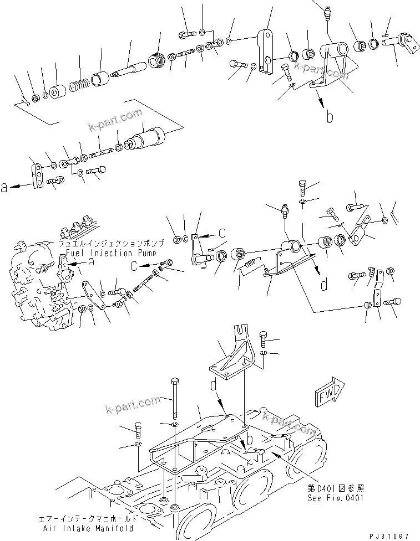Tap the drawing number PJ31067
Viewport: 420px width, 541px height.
click(388, 535)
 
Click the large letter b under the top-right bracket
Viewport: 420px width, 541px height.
click(330, 117)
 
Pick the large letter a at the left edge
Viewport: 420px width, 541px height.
click(5, 188)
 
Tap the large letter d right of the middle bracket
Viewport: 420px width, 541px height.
click(324, 285)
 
